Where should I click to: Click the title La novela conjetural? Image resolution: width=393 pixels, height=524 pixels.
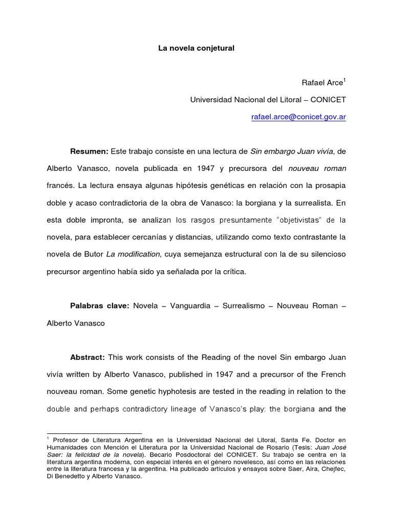coord(196,49)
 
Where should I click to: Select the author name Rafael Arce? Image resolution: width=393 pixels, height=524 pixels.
coord(321,82)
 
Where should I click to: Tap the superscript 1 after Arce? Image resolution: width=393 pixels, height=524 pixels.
coord(345,79)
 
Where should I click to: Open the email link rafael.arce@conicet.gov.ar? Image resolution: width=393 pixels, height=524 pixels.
coord(298,117)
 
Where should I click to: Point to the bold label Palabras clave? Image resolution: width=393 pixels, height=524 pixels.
coord(99,305)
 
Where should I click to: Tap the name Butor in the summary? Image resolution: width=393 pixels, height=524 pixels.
coord(94,254)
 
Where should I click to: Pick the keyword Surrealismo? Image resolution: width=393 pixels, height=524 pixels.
coord(244,305)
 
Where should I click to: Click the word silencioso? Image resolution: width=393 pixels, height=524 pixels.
coord(329,254)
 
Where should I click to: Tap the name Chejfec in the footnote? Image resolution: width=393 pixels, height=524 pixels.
coord(333,468)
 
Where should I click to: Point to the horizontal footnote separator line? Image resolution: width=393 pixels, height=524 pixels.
coord(94,433)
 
